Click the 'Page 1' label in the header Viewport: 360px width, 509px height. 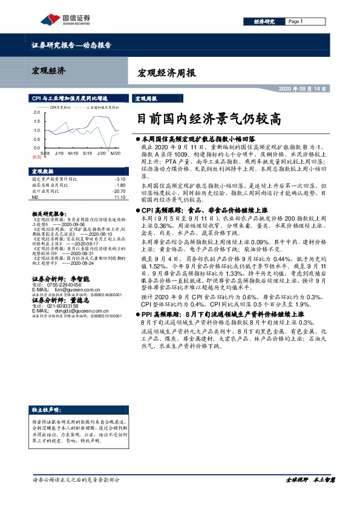click(295, 21)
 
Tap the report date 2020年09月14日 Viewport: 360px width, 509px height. click(302, 88)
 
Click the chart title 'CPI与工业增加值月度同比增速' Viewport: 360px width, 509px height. click(69, 97)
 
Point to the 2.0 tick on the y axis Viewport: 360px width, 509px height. click(36, 112)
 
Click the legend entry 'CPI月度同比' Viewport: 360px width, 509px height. click(61, 106)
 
